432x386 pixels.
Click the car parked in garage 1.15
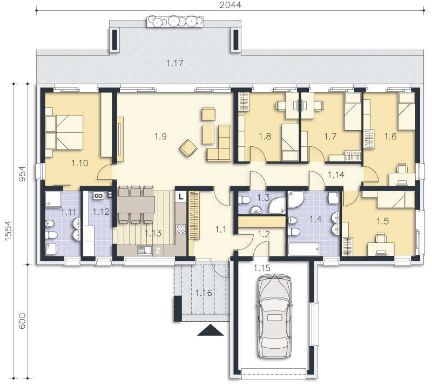274,316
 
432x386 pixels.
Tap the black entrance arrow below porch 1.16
210,330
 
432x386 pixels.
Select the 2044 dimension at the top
231,5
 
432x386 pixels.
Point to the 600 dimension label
22,321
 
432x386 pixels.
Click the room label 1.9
160,136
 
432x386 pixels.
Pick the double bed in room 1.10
64,132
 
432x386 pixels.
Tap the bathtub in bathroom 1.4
303,249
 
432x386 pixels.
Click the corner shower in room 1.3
277,205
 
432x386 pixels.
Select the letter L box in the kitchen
181,197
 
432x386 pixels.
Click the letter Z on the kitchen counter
158,250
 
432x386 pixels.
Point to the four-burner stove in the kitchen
181,229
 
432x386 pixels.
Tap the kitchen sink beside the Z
145,250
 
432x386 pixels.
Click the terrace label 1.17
174,63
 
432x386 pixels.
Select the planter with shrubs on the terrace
175,22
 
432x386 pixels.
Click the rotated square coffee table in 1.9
188,148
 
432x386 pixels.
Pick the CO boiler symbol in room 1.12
98,195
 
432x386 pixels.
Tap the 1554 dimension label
8,231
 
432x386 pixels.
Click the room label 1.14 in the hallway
336,175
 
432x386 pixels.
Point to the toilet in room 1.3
244,199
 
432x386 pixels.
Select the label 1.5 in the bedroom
382,221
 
